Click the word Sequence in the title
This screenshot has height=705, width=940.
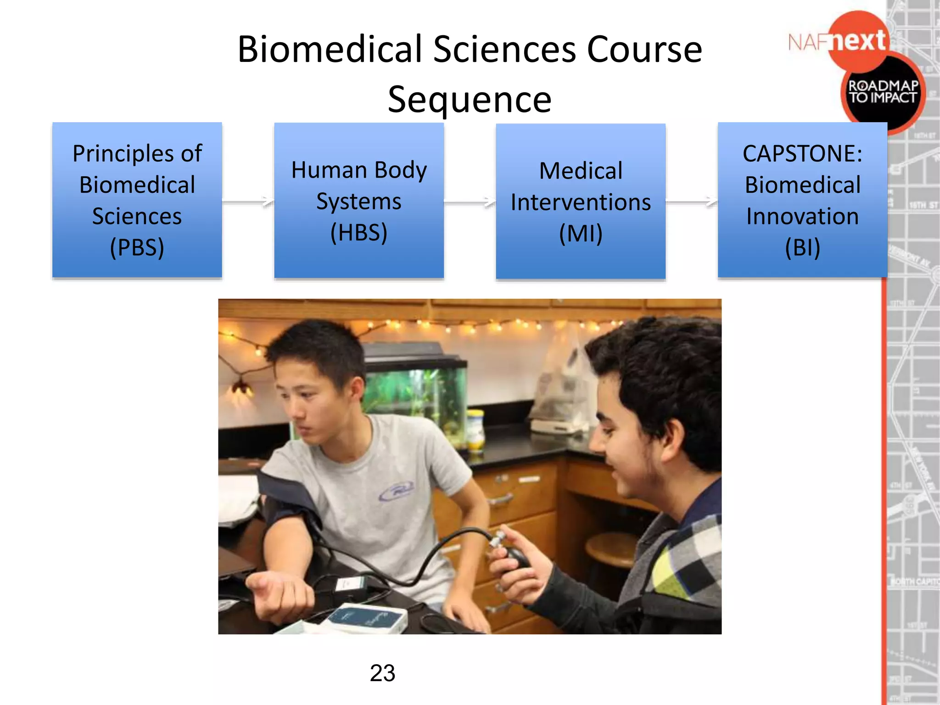click(x=470, y=100)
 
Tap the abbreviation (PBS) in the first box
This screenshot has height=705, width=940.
click(x=137, y=248)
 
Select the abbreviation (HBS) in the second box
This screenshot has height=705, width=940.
click(x=359, y=232)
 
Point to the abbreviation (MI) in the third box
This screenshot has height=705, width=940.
click(x=581, y=234)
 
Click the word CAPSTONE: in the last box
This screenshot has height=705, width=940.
click(x=802, y=153)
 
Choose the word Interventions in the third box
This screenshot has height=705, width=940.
click(x=581, y=202)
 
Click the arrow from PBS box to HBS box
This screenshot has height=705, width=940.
click(x=248, y=201)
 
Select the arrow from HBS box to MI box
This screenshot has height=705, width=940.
click(x=470, y=201)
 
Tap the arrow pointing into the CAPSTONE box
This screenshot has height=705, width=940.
click(x=692, y=201)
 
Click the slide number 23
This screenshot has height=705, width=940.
click(x=382, y=673)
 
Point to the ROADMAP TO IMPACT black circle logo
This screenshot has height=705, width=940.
click(x=882, y=92)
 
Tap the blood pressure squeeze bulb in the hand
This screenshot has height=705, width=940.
click(x=516, y=558)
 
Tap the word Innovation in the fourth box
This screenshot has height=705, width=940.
click(x=802, y=216)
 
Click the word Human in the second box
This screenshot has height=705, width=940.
click(x=329, y=170)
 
